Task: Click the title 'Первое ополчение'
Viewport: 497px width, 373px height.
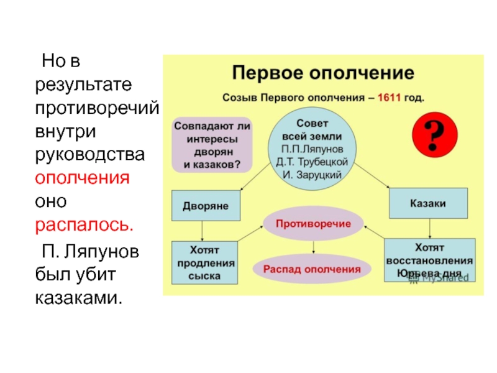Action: [x=323, y=73]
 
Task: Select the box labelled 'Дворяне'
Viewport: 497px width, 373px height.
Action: [x=206, y=205]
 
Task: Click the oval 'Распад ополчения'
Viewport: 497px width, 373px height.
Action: [x=312, y=269]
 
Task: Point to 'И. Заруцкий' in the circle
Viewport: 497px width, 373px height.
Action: [x=312, y=175]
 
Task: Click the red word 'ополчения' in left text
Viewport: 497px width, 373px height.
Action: [x=82, y=178]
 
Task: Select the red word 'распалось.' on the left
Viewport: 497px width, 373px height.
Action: [x=84, y=223]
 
